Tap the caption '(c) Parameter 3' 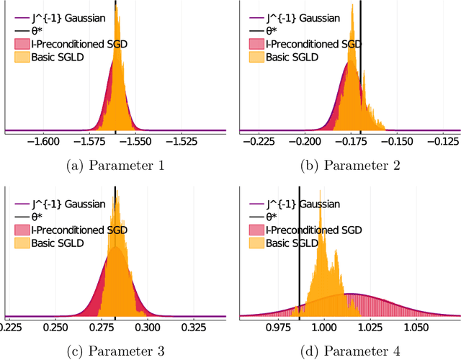coord(115,351)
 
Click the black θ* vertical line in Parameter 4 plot coord(299,274)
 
